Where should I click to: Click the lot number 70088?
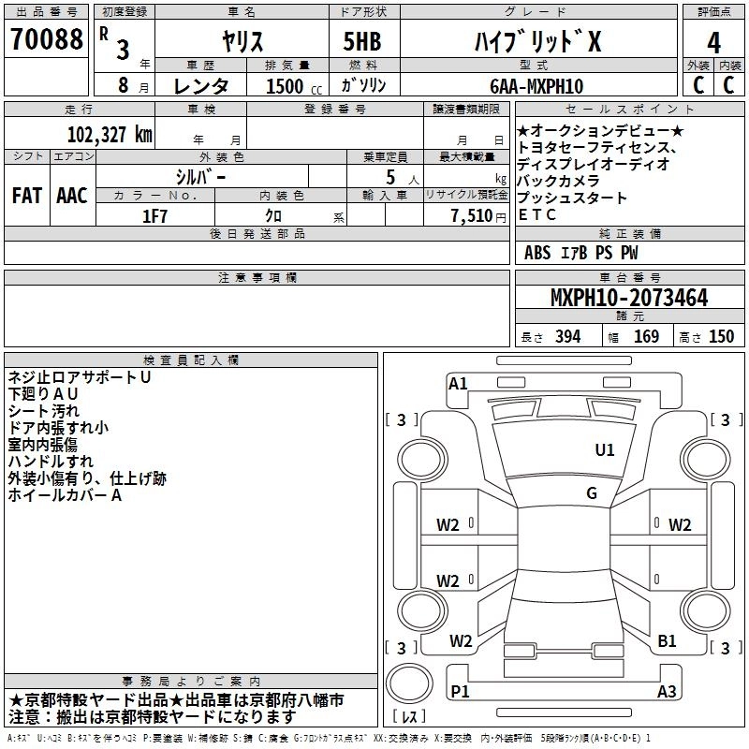(46, 38)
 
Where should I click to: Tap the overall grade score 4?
(713, 43)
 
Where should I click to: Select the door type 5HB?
(362, 41)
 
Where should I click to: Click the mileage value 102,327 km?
(110, 135)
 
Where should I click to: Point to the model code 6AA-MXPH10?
(536, 86)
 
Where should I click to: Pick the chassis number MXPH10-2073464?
(629, 298)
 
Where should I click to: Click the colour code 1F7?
(154, 216)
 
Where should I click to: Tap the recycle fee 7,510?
(472, 216)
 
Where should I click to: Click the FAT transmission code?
(27, 196)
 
